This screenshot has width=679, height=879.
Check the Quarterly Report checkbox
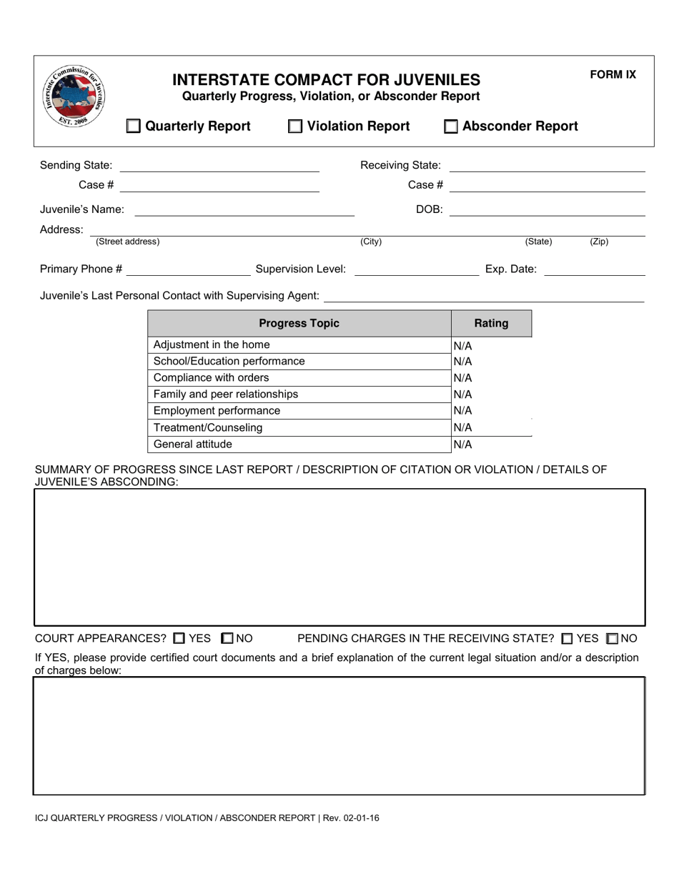pyautogui.click(x=134, y=126)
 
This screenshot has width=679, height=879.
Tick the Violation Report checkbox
pyautogui.click(x=295, y=126)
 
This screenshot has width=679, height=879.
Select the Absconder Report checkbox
pyautogui.click(x=451, y=126)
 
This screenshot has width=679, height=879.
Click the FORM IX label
pyautogui.click(x=613, y=74)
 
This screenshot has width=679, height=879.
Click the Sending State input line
pyautogui.click(x=219, y=166)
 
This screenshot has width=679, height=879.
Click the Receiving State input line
pyautogui.click(x=547, y=166)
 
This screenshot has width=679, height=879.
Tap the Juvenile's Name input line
pyautogui.click(x=244, y=210)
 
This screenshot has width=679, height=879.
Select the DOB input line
pyautogui.click(x=547, y=210)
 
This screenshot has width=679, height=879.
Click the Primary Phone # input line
pyautogui.click(x=187, y=269)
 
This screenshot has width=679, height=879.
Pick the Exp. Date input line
pyautogui.click(x=594, y=269)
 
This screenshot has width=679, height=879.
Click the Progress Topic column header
pyautogui.click(x=299, y=324)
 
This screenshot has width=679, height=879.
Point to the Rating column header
pyautogui.click(x=491, y=324)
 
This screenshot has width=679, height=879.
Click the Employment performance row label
pyautogui.click(x=217, y=411)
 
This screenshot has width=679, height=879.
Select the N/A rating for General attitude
pyautogui.click(x=463, y=445)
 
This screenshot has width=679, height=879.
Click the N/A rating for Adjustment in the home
pyautogui.click(x=463, y=346)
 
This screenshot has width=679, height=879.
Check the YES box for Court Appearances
pyautogui.click(x=179, y=638)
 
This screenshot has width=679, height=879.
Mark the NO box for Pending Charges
pyautogui.click(x=612, y=638)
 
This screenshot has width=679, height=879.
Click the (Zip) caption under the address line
pyautogui.click(x=599, y=242)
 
